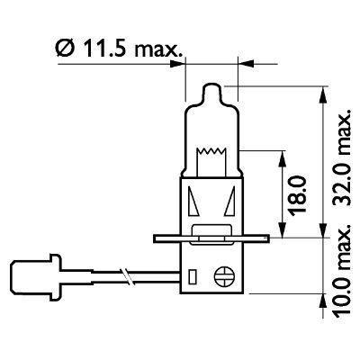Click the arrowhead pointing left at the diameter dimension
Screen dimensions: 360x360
240,64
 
